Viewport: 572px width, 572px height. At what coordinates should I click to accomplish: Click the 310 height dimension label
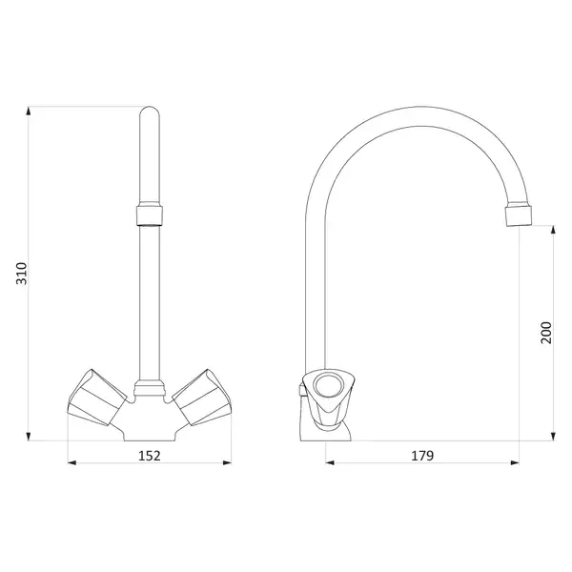coord(22,274)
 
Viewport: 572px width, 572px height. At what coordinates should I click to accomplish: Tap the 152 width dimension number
coord(150,456)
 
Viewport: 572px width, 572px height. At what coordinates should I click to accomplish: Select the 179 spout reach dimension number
coord(422,456)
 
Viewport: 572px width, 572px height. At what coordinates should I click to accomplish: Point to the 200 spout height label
coord(546,333)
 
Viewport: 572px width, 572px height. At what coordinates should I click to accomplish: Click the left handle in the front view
coord(97,398)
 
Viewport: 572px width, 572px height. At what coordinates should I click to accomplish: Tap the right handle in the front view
coord(202,398)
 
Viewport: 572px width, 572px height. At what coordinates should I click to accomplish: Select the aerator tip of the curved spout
coord(519,216)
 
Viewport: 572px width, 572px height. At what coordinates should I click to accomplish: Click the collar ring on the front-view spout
coord(150,215)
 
